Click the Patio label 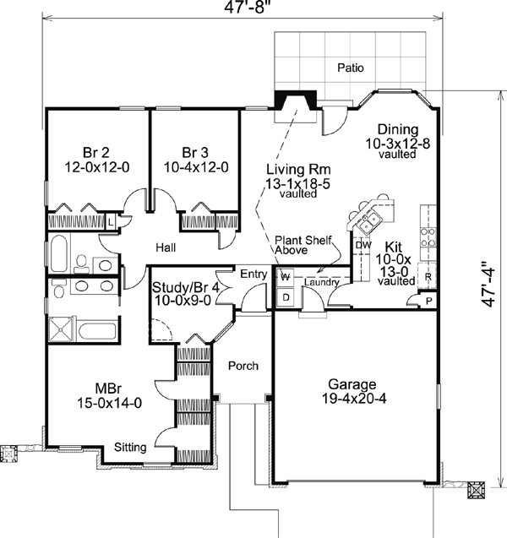pos(351,68)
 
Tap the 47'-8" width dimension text pos(245,8)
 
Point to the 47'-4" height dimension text pos(488,285)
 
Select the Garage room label pos(352,384)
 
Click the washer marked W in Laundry pos(286,276)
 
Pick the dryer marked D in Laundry pos(286,297)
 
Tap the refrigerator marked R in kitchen pos(427,276)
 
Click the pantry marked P pos(428,301)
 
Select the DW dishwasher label pos(363,245)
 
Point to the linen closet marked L pos(110,222)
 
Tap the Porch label pos(243,366)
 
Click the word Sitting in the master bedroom pos(130,447)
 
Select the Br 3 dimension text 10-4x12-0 pos(196,167)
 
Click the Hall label pos(166,247)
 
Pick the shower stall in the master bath pos(61,329)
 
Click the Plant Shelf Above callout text pos(303,245)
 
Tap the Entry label pos(253,274)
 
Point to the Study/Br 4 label pos(186,287)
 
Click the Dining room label pos(398,130)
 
